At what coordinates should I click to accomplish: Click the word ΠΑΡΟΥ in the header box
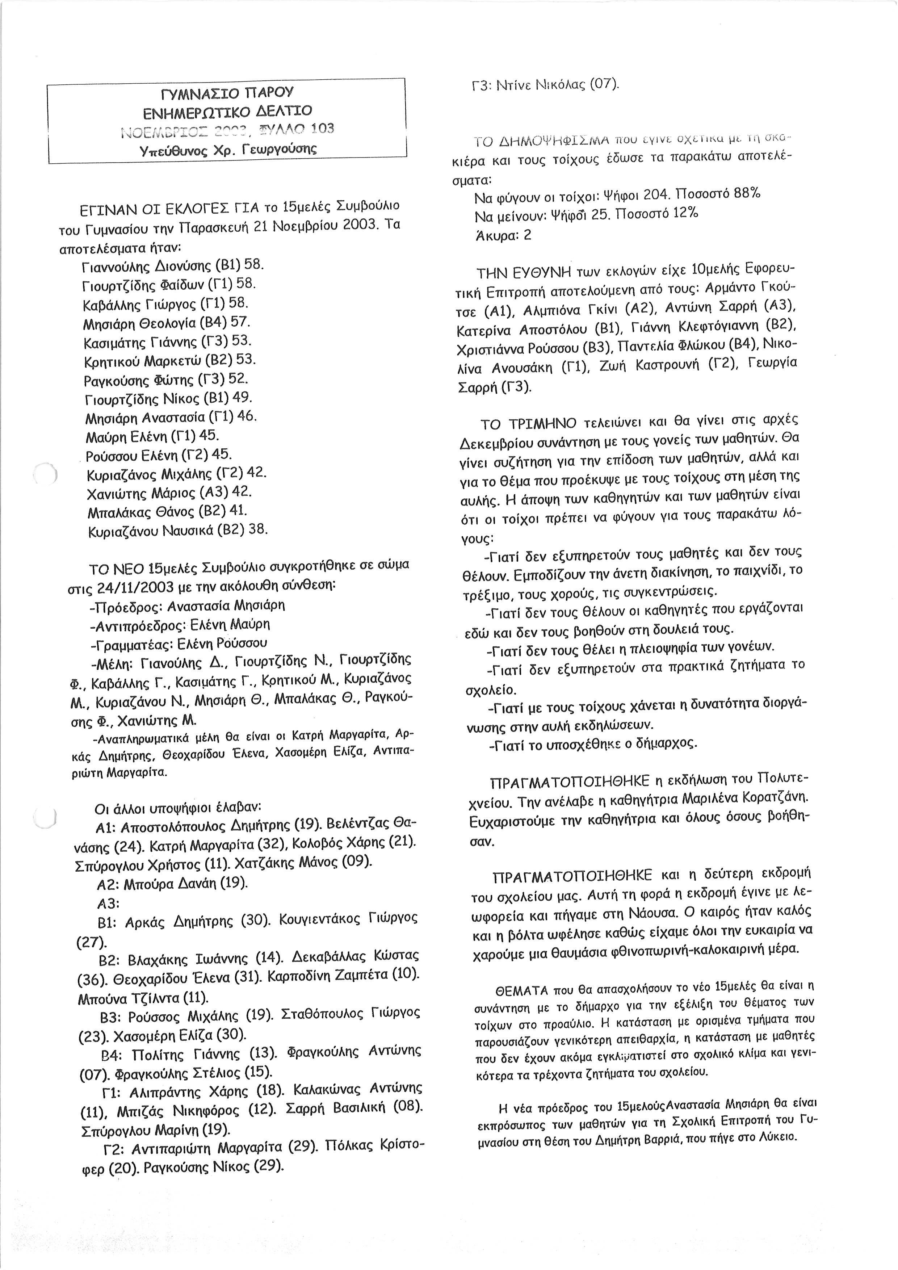pos(270,92)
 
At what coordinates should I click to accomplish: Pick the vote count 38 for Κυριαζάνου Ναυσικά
pos(258,530)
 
